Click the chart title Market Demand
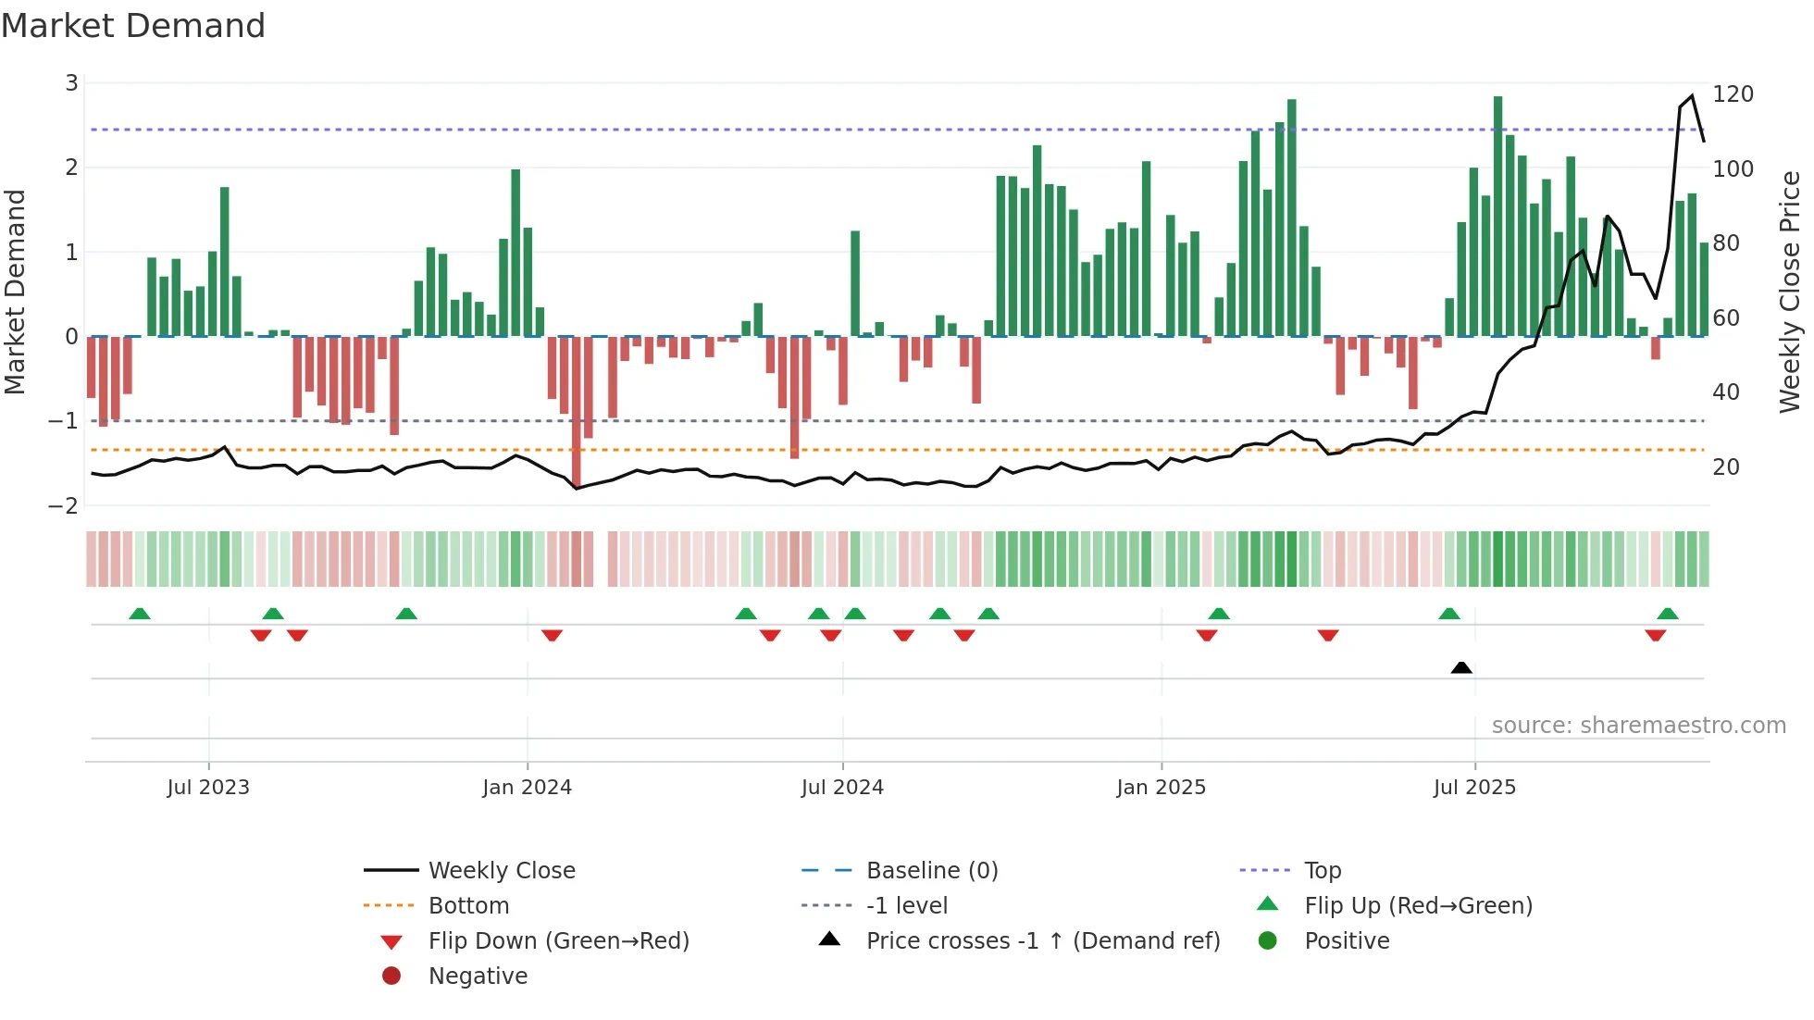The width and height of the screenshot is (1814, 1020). [x=133, y=26]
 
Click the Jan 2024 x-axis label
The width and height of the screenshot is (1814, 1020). [x=527, y=788]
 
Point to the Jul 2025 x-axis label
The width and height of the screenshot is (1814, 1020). [x=1474, y=788]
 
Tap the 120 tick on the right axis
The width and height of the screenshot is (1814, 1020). [x=1733, y=94]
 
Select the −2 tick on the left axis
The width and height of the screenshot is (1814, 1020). [x=64, y=506]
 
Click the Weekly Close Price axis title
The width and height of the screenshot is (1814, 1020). [x=1790, y=292]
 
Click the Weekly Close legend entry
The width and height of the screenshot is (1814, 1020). [x=501, y=871]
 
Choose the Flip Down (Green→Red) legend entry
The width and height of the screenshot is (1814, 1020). [x=558, y=941]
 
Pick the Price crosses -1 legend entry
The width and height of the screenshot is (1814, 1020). [x=1042, y=941]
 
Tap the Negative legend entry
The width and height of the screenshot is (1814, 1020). [x=478, y=976]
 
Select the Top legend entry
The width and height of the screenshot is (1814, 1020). [x=1322, y=871]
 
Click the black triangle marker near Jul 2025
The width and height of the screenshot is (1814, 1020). [x=1461, y=667]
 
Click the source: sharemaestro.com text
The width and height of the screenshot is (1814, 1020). [x=1638, y=726]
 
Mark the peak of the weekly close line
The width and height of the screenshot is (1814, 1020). [x=1692, y=96]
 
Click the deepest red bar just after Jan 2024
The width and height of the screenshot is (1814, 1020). [x=576, y=412]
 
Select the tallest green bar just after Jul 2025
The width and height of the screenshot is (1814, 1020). [x=1497, y=216]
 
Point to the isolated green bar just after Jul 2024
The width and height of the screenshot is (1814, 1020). [x=855, y=283]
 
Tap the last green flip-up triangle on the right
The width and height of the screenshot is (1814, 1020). [x=1668, y=614]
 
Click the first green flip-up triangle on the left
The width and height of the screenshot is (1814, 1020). [x=140, y=614]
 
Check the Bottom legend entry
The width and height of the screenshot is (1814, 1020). [x=468, y=906]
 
